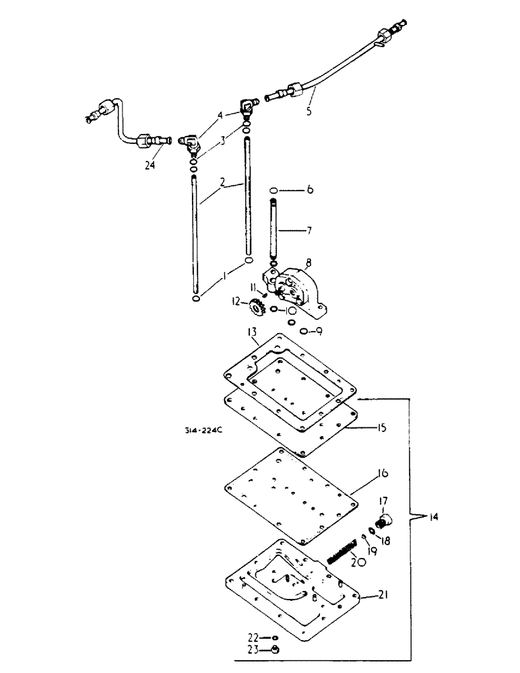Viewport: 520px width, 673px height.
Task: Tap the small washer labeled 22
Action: pos(275,637)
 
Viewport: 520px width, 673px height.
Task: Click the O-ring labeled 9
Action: pos(306,331)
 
